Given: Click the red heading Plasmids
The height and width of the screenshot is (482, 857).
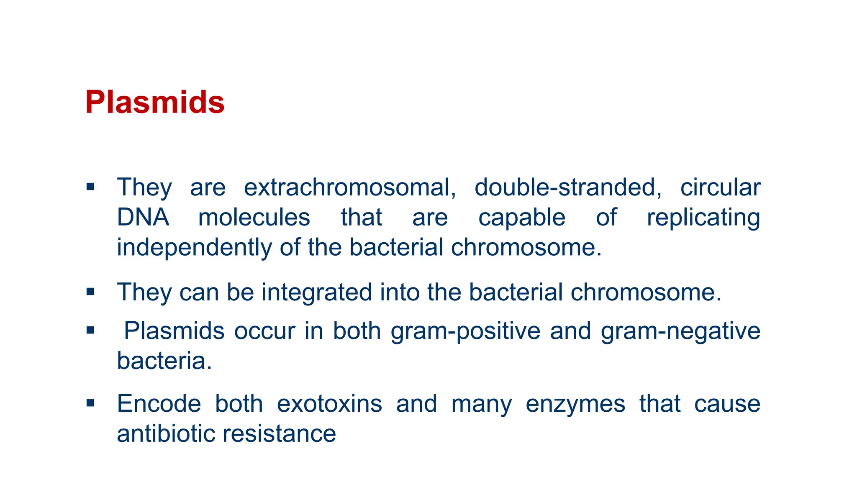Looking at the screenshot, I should [x=154, y=102].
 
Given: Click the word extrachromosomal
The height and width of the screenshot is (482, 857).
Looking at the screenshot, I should [x=350, y=187].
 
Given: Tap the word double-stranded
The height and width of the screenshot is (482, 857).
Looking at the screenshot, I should [x=568, y=187].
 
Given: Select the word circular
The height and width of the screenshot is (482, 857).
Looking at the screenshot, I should [x=720, y=187].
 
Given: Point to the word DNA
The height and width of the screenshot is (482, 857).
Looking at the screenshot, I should [x=143, y=217].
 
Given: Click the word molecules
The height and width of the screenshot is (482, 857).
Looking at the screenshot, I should [x=254, y=217].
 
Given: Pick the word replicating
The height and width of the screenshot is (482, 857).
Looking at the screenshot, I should [x=703, y=218].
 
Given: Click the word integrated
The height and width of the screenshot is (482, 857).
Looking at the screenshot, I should [x=317, y=292].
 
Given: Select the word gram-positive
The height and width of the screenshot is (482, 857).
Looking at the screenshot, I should [x=465, y=331].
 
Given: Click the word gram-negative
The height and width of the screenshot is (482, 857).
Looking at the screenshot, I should [x=680, y=331].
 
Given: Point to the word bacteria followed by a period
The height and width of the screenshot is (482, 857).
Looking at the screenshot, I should [x=164, y=361].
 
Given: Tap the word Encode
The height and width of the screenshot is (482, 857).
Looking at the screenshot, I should [x=159, y=404].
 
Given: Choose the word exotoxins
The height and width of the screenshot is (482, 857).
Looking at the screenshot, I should [x=329, y=404].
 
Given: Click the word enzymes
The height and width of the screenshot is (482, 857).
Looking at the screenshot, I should [x=575, y=405].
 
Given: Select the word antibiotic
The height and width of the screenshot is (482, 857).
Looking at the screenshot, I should [x=165, y=433].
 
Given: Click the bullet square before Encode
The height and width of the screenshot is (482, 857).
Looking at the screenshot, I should [x=90, y=403].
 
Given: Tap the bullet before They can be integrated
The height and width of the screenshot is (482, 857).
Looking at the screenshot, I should [x=90, y=292].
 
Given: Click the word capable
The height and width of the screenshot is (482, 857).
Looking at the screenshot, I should [x=521, y=218].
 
